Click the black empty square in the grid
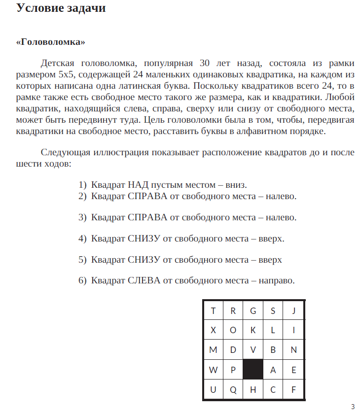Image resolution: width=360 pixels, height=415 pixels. pyautogui.click(x=253, y=370)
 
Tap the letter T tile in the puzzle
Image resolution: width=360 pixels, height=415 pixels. pyautogui.click(x=213, y=311)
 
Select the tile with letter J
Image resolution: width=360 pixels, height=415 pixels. pyautogui.click(x=293, y=311)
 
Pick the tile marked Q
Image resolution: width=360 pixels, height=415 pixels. pyautogui.click(x=233, y=390)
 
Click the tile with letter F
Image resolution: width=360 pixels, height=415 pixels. pyautogui.click(x=293, y=390)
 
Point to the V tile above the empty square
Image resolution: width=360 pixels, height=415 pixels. pyautogui.click(x=253, y=350)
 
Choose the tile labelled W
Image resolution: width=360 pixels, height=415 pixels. pyautogui.click(x=213, y=370)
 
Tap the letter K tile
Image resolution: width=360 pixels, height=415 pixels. pyautogui.click(x=253, y=330)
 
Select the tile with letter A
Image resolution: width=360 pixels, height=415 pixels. pyautogui.click(x=273, y=370)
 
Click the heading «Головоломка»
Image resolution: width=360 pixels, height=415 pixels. pyautogui.click(x=51, y=42)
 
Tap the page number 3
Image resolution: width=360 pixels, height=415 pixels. pyautogui.click(x=353, y=407)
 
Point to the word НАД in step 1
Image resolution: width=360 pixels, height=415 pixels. pyautogui.click(x=138, y=185)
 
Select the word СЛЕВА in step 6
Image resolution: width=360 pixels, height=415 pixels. pyautogui.click(x=144, y=280)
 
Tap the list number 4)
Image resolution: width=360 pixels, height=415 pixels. pyautogui.click(x=82, y=239)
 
